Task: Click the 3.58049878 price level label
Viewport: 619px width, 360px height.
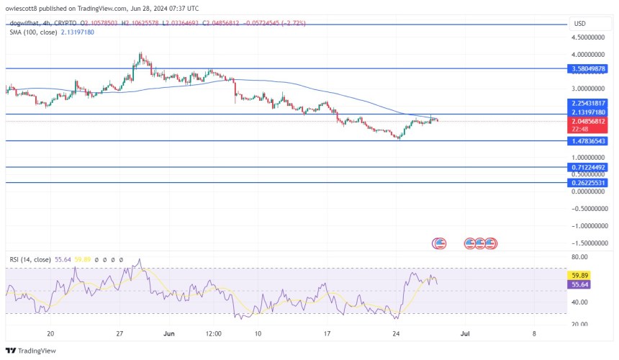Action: [588, 68]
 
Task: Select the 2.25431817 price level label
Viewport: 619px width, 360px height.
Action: [588, 103]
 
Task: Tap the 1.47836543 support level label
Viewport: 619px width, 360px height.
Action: [588, 141]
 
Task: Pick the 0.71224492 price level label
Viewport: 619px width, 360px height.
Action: [588, 167]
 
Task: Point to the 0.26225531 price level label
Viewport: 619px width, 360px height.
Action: [588, 183]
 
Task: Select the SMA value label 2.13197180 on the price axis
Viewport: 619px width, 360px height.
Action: [588, 112]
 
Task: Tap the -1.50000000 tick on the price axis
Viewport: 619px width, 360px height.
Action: [588, 243]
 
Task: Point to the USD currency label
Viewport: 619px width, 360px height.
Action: [579, 23]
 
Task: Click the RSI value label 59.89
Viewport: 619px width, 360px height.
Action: [579, 274]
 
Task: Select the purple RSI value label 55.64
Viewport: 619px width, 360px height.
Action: [579, 285]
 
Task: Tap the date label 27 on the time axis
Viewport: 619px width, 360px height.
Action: [120, 333]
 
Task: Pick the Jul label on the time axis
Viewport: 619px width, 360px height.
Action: [464, 333]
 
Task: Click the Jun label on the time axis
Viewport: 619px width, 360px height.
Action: [168, 333]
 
